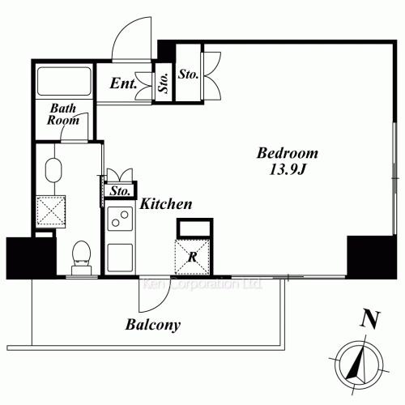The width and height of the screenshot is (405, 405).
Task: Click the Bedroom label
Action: tap(288, 153)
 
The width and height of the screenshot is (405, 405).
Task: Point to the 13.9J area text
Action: tap(288, 169)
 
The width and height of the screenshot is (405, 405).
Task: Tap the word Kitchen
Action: tap(166, 204)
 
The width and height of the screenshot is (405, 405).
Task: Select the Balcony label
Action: tap(153, 325)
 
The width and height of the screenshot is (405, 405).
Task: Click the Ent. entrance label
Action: tap(123, 83)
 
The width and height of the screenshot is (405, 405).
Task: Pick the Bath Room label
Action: tap(63, 114)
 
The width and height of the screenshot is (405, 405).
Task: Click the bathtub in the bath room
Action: tap(64, 81)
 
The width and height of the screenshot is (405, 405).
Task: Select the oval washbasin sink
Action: tap(53, 171)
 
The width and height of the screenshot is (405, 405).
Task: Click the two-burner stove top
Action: tap(120, 219)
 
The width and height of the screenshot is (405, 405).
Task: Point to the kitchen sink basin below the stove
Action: tap(120, 258)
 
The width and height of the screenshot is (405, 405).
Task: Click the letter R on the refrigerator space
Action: tap(192, 257)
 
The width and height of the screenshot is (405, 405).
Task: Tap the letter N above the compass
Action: tap(371, 320)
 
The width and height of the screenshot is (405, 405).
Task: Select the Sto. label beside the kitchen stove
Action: tap(120, 191)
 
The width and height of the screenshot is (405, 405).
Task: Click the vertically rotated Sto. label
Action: tap(164, 83)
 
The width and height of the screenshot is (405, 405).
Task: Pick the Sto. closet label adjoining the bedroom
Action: tap(188, 75)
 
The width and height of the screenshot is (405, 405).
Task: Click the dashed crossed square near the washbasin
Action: tap(51, 211)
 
